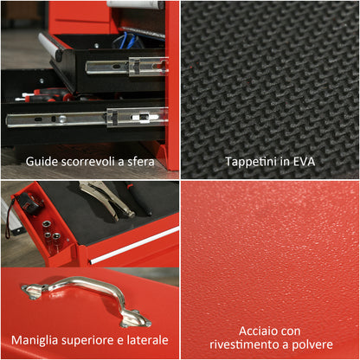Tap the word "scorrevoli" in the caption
coord(90,161)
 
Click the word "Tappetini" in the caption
coord(250,161)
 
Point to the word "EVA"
coord(302,161)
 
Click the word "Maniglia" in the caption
coord(35,340)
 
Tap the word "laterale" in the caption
coord(147,340)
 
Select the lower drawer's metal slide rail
coord(87,117)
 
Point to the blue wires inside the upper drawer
coord(130,38)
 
